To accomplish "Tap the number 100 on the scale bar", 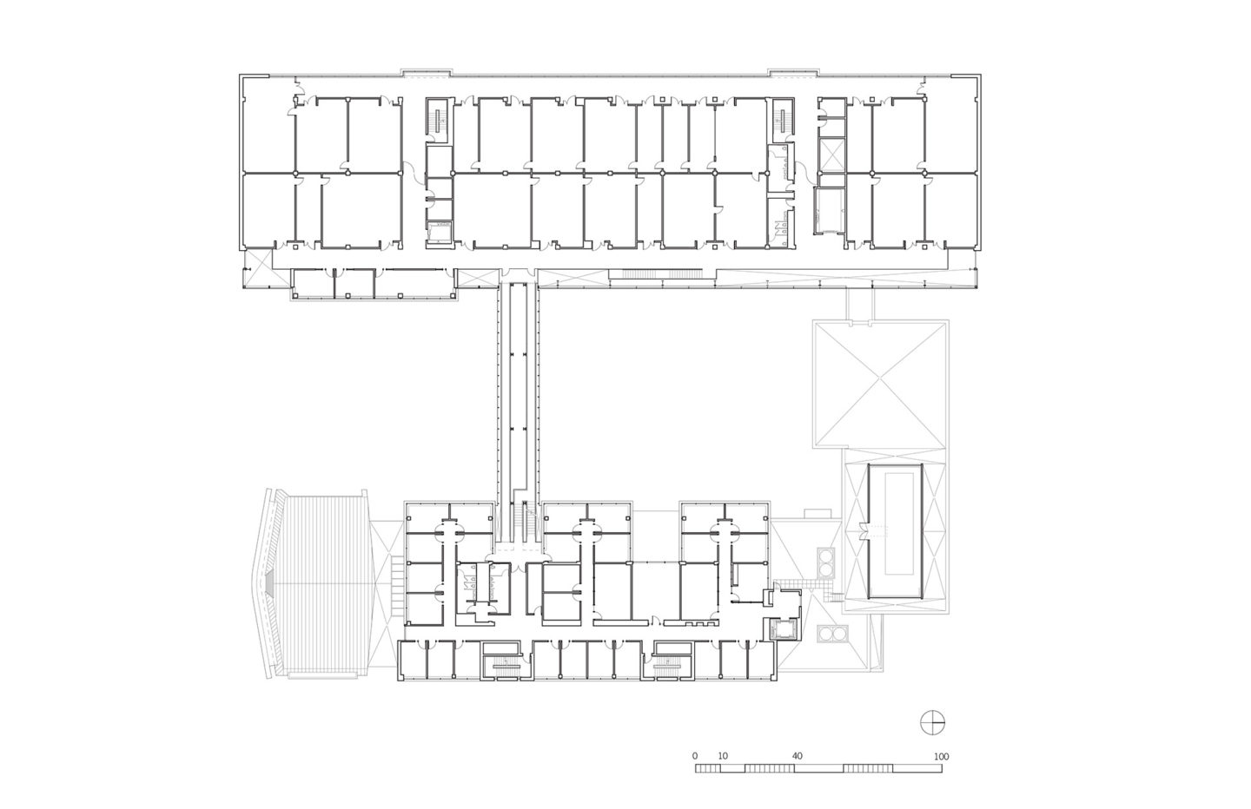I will pos(941,757).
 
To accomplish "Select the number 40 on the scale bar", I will pos(797,757).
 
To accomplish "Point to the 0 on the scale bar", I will pos(695,757).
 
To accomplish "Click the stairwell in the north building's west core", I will pos(438,120).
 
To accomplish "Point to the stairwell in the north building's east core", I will pos(783,119).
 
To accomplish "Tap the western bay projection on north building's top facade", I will pos(426,72).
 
